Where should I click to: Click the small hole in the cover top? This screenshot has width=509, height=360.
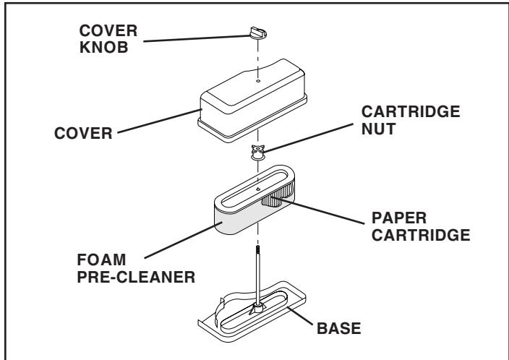[258, 82]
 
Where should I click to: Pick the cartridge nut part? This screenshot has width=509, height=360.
[258, 152]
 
